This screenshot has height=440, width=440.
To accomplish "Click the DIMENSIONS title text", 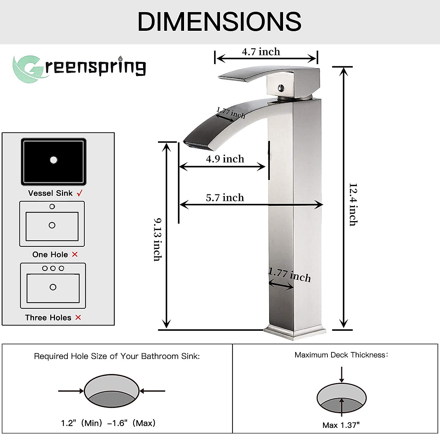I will [x=219, y=22].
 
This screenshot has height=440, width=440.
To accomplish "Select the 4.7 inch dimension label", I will [x=261, y=52].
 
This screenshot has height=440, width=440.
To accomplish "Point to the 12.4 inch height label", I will [x=353, y=204].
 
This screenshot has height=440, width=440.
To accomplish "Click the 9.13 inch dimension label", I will [x=158, y=239].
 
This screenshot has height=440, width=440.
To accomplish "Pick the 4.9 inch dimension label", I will [x=225, y=159].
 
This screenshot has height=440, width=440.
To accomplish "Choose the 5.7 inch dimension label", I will [x=225, y=198].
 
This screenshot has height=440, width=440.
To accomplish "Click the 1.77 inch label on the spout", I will [x=231, y=113].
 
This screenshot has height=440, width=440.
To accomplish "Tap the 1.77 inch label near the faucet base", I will [x=289, y=275].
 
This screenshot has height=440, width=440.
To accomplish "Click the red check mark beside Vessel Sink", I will [x=80, y=193].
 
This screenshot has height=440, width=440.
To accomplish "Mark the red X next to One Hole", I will [x=75, y=254].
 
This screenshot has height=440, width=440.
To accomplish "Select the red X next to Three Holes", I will [x=78, y=318].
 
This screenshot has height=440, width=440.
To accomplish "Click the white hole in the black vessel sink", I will [x=54, y=160].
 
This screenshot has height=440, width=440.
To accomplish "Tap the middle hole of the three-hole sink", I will [x=53, y=268].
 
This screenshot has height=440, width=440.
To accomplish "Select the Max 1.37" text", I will [x=341, y=425].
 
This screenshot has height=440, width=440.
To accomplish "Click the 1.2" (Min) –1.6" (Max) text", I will [x=108, y=423].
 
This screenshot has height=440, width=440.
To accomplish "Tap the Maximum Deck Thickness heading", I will [x=341, y=355].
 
